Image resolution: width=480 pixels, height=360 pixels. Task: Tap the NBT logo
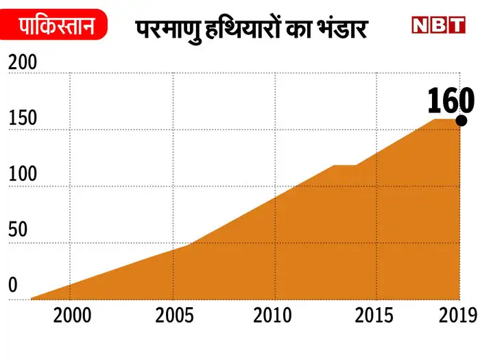pyautogui.click(x=438, y=25)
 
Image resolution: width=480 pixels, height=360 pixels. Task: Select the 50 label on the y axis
pyautogui.click(x=19, y=230)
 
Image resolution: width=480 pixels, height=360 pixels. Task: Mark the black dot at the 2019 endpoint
pyautogui.click(x=461, y=120)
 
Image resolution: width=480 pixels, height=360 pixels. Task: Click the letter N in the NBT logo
pyautogui.click(x=421, y=25)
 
